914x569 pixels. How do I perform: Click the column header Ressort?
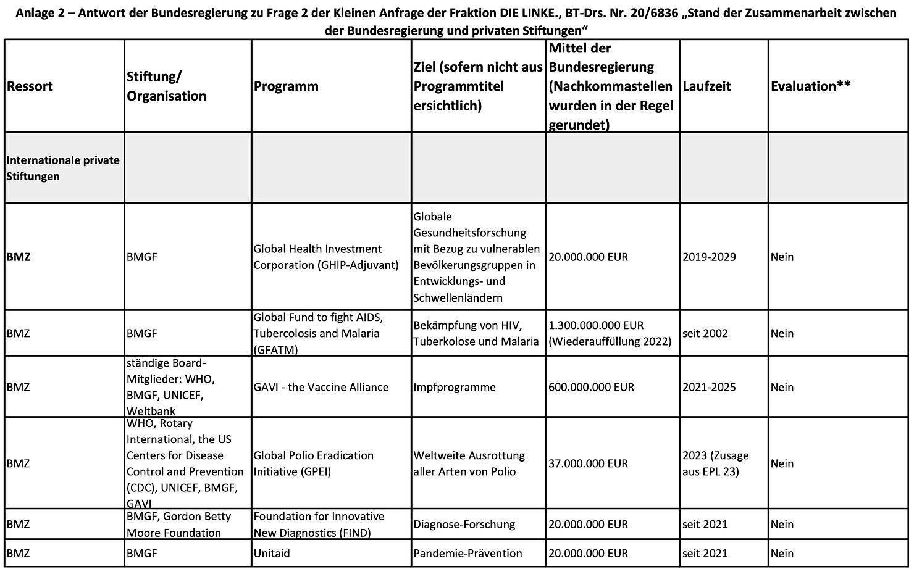coord(30,86)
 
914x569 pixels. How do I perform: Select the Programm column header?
coord(286,86)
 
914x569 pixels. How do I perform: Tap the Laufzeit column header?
coord(706,86)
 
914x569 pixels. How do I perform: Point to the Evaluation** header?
coord(810,86)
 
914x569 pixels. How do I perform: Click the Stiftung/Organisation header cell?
coord(166,86)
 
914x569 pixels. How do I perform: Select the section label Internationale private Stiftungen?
coord(63,168)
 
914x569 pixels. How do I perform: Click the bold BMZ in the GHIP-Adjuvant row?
coord(19,257)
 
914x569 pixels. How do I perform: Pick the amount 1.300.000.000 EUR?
coord(596,325)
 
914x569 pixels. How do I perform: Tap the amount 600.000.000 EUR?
coord(591,387)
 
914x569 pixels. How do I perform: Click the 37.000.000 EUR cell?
coord(588,463)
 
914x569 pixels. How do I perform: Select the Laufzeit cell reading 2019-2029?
coord(709,257)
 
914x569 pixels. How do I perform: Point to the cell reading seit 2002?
coord(705,333)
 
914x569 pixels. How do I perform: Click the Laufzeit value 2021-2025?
coord(709,387)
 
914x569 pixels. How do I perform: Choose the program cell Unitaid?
coord(272,554)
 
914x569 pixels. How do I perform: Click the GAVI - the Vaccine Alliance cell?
coord(321,387)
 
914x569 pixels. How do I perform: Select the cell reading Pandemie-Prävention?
coord(467,554)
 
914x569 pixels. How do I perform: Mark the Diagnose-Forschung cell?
coord(464,524)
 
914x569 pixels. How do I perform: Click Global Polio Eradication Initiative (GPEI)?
coord(314,463)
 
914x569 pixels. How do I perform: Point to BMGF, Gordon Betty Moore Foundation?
coord(179,524)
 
